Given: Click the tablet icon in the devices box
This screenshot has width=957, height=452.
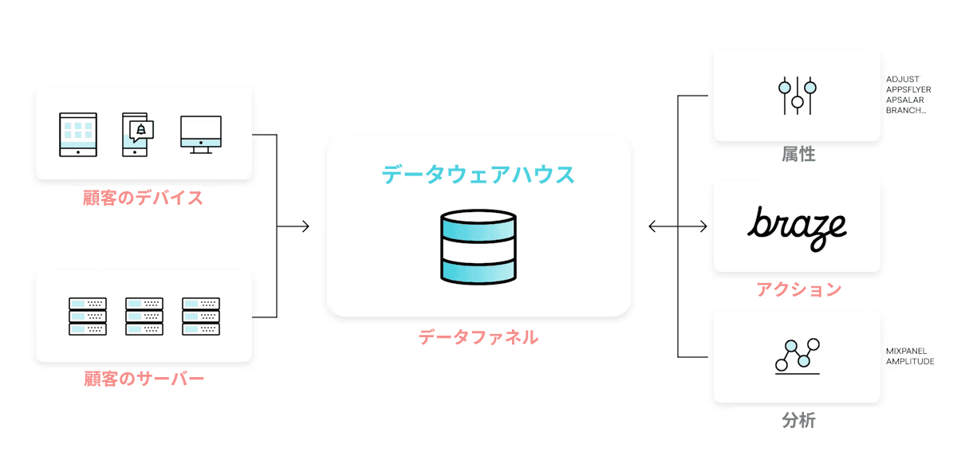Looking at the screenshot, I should tap(78, 134).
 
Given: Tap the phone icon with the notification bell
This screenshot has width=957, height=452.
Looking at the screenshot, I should tap(137, 134).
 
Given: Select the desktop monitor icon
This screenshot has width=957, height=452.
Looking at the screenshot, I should tap(201, 134).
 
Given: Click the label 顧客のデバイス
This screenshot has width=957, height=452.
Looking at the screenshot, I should tap(144, 198).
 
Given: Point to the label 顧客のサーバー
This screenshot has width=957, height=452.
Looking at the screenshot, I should tap(144, 379).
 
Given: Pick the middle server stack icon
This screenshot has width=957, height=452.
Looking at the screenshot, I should tap(144, 316).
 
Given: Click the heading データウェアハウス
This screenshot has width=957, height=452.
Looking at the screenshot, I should tap(478, 175).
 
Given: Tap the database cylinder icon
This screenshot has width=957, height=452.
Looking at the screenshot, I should tap(478, 247).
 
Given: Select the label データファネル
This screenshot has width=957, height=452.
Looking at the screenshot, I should tap(478, 337).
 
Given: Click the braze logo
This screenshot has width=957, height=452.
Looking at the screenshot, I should tap(797, 226).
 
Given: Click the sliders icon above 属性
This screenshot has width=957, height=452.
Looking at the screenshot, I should tap(797, 96).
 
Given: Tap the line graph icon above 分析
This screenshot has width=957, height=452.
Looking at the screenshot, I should tap(797, 357).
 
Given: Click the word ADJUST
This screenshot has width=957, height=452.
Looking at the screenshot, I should tap(903, 80).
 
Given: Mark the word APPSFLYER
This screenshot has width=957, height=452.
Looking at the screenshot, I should tap(908, 90).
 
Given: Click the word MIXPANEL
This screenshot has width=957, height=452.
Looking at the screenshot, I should tap(907, 351).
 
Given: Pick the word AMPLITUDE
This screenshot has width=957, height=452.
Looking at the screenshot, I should tap(910, 361).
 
